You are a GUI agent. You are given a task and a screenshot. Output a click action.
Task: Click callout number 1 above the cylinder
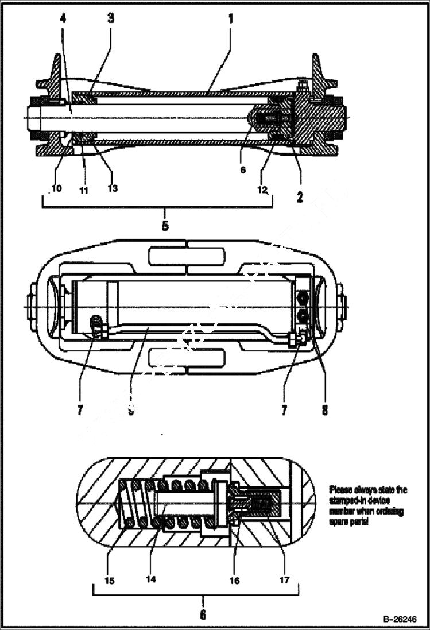[230, 18]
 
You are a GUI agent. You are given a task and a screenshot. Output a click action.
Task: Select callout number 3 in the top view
[111, 18]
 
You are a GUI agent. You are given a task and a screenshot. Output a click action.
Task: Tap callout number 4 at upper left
[63, 18]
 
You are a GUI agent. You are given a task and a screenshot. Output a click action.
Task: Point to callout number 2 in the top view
[300, 197]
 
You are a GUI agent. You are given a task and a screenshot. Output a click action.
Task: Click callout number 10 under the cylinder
[57, 188]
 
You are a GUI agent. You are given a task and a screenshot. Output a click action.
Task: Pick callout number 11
[84, 190]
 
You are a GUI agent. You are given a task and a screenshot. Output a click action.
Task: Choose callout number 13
[113, 188]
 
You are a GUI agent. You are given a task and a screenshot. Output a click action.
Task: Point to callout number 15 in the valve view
[110, 580]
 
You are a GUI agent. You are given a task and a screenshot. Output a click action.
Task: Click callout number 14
[151, 579]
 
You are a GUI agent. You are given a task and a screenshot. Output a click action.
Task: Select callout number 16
[234, 580]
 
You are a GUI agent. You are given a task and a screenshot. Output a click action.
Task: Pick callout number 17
[284, 580]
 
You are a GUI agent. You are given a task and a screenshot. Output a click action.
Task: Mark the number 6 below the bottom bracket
[203, 614]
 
